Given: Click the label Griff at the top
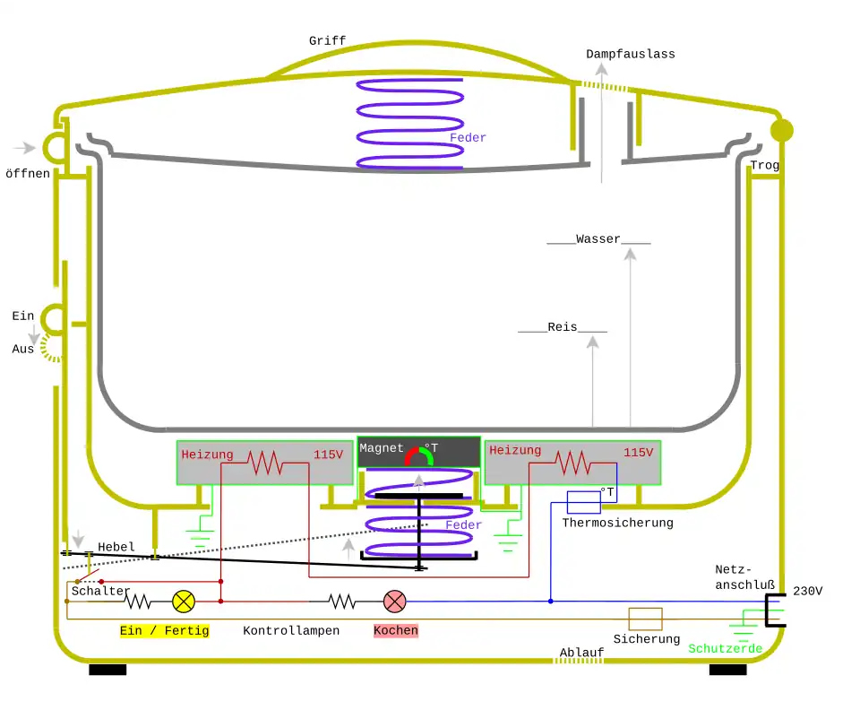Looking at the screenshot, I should pyautogui.click(x=327, y=41).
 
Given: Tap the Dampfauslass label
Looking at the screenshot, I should pyautogui.click(x=631, y=54).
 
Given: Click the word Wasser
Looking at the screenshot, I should pyautogui.click(x=598, y=239).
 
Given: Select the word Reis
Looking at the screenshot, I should pyautogui.click(x=563, y=327).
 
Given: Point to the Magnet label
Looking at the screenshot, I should pyautogui.click(x=382, y=448).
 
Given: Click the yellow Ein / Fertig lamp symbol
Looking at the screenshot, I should pyautogui.click(x=183, y=601).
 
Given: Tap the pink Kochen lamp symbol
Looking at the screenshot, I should pyautogui.click(x=395, y=601).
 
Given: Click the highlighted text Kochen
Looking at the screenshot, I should pyautogui.click(x=395, y=630).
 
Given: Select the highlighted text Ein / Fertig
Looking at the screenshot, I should pyautogui.click(x=165, y=630).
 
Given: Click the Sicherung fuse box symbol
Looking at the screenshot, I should pyautogui.click(x=645, y=619).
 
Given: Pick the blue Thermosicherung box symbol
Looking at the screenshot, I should pyautogui.click(x=583, y=502).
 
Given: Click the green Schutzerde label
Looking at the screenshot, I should pyautogui.click(x=725, y=648).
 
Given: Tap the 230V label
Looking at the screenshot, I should pyautogui.click(x=807, y=591).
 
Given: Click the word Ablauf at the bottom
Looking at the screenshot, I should pyautogui.click(x=581, y=652).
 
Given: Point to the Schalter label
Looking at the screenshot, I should pyautogui.click(x=100, y=591).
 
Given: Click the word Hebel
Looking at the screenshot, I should pyautogui.click(x=116, y=547).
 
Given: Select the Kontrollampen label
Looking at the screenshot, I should pyautogui.click(x=291, y=630).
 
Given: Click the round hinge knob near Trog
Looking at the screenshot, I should pyautogui.click(x=782, y=130).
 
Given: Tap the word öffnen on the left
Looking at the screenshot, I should pyautogui.click(x=28, y=173).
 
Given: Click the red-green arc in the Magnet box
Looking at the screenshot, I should pyautogui.click(x=418, y=455).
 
